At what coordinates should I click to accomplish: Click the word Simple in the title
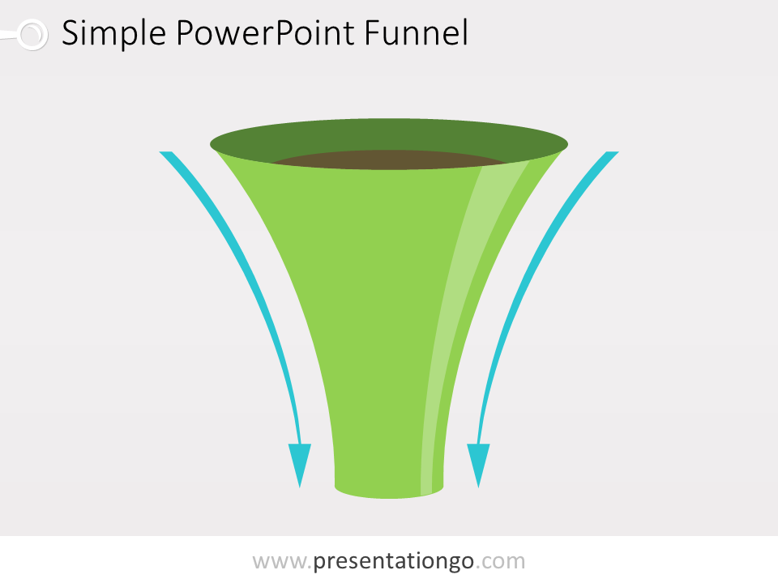point(113,33)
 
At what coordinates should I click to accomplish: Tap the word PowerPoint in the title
point(266,32)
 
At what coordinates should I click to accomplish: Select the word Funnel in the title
point(417,32)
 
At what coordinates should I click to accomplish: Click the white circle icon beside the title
point(32,35)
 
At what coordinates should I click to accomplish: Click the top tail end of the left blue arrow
point(165,153)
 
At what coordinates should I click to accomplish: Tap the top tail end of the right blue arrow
point(613,153)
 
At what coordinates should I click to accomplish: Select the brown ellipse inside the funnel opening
point(389,160)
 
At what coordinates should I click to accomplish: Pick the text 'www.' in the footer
point(282,561)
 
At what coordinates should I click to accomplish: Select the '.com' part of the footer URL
point(500,561)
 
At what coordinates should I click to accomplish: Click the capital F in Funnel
point(373,32)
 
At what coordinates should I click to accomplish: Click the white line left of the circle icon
point(9,35)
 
